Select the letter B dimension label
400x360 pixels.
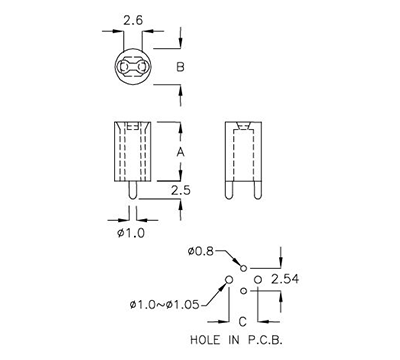coord(180,67)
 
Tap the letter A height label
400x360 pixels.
coord(180,151)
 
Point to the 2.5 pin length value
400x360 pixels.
coord(181,189)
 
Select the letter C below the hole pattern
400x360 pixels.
coord(242,320)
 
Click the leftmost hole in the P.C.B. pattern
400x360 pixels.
coord(229,278)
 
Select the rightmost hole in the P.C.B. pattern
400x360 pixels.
coord(258,278)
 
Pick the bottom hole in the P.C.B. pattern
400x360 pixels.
coord(243,291)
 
